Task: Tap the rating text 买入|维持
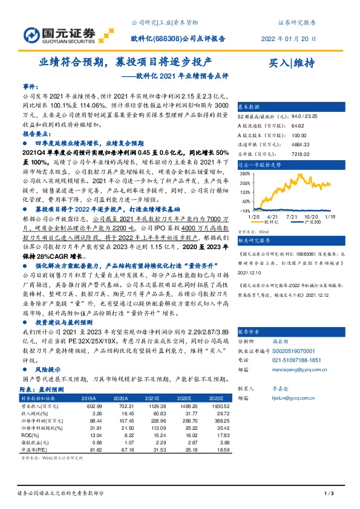[292, 63]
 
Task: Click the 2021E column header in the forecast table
[146, 398]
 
